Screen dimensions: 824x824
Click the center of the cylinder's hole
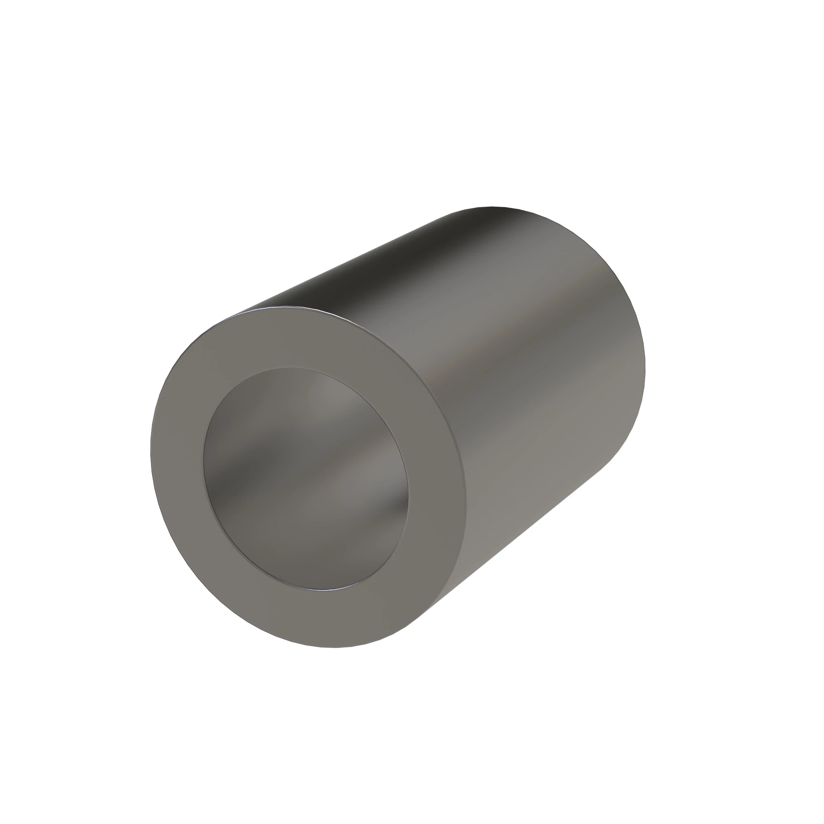point(305,478)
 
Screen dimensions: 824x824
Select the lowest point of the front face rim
point(332,647)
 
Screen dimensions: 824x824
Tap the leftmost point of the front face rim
point(150,452)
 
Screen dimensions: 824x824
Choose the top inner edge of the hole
point(294,368)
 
